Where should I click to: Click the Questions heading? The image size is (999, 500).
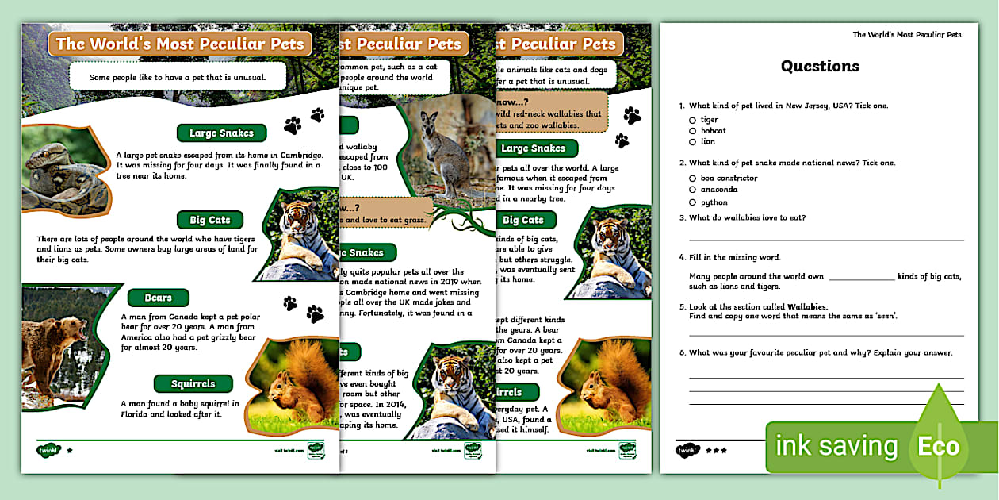pyautogui.click(x=820, y=67)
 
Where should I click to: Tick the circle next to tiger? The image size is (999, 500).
pyautogui.click(x=692, y=120)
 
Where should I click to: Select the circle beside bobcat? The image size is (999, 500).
pyautogui.click(x=692, y=131)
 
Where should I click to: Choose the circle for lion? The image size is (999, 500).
pyautogui.click(x=692, y=142)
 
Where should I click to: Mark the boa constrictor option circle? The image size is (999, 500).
pyautogui.click(x=692, y=179)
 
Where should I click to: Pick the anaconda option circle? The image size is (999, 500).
pyautogui.click(x=692, y=190)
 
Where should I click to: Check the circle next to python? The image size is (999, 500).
pyautogui.click(x=692, y=202)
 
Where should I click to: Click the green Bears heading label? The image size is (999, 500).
pyautogui.click(x=159, y=298)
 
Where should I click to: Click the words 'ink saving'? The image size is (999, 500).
pyautogui.click(x=836, y=447)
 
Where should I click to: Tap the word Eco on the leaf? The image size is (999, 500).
pyautogui.click(x=939, y=447)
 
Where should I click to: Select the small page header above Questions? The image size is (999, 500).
pyautogui.click(x=907, y=35)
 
